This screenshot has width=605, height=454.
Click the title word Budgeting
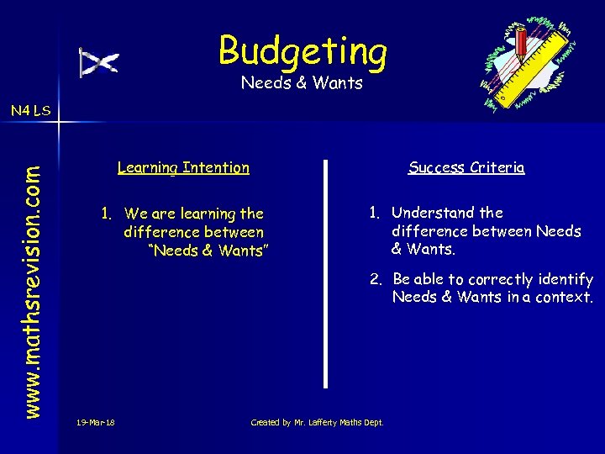click(x=302, y=50)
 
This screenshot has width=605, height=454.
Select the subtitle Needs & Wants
click(x=302, y=83)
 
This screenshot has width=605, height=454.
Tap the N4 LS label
click(x=29, y=110)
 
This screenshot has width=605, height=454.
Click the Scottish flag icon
click(x=99, y=62)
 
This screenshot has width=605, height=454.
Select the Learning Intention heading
click(x=183, y=167)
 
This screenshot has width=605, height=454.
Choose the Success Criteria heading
click(x=466, y=167)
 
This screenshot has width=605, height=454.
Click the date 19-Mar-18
click(x=95, y=421)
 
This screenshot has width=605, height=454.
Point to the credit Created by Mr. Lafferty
click(x=317, y=421)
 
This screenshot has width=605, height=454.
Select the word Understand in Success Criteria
click(x=432, y=213)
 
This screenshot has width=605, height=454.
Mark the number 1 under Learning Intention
click(x=106, y=214)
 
